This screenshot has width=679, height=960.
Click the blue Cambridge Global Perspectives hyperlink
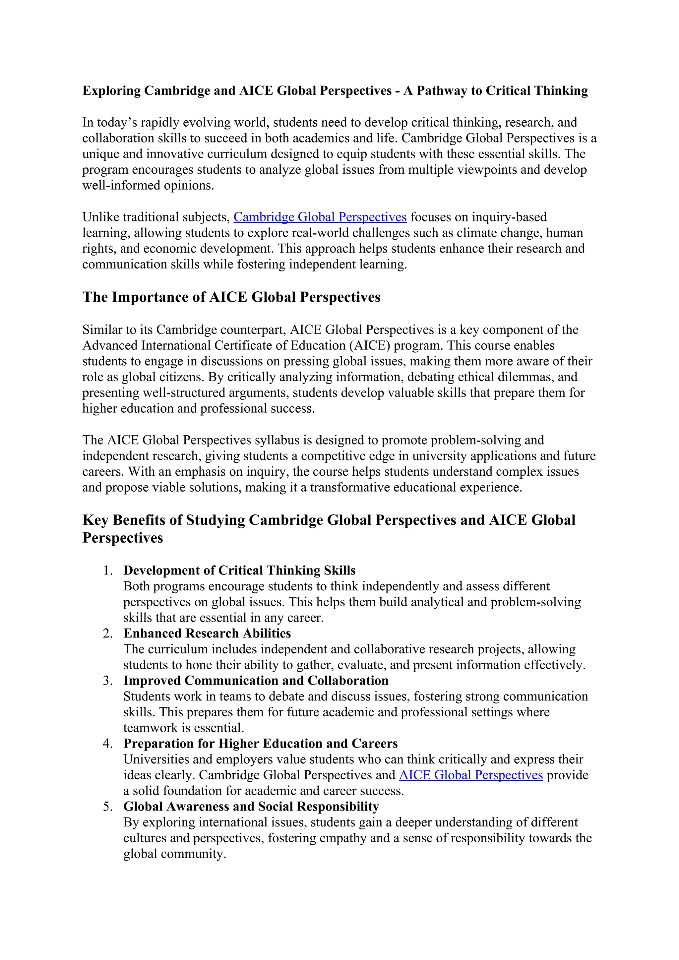pos(320,217)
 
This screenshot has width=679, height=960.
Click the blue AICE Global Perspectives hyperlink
pos(471,775)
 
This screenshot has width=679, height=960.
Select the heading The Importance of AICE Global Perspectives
pos(231,297)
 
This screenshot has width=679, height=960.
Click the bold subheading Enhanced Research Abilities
pos(207,633)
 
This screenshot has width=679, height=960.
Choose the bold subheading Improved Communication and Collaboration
pos(256,680)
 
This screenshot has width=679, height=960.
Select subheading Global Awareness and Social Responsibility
pos(251,806)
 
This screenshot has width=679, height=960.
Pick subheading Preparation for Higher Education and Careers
pos(261,744)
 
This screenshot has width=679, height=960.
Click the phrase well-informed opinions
pos(148,185)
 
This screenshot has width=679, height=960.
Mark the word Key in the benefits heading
pos(96,520)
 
